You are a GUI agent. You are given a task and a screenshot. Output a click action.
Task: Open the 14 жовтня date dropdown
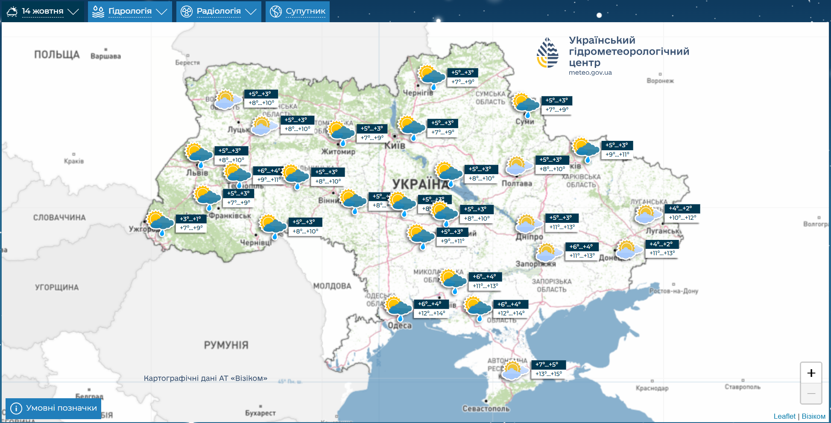tap(43, 11)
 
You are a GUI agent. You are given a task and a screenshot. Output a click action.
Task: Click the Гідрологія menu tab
tap(130, 11)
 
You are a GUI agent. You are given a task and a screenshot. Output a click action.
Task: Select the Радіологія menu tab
tap(219, 11)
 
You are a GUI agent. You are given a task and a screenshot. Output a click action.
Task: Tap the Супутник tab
tap(298, 11)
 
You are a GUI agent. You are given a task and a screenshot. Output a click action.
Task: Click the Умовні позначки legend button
tap(54, 408)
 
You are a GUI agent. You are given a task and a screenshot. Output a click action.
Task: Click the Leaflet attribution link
tap(784, 416)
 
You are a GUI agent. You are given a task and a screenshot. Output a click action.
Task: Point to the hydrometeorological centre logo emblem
tap(547, 53)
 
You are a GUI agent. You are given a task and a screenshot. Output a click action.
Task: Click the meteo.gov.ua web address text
tap(590, 73)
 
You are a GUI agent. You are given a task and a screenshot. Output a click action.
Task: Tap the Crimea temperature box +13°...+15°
tap(549, 374)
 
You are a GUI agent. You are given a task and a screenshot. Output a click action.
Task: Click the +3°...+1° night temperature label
tap(190, 219)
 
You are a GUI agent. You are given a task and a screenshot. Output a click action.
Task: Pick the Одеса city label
tap(400, 326)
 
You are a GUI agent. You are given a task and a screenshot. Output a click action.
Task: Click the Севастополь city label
tap(486, 408)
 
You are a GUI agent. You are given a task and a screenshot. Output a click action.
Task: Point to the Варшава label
tap(105, 56)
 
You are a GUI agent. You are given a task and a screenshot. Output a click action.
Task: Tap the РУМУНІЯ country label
tap(226, 345)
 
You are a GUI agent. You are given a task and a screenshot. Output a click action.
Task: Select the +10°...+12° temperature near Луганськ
tap(682, 218)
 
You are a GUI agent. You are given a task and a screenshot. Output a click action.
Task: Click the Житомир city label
tap(338, 152)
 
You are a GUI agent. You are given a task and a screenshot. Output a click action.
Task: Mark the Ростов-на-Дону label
tap(673, 291)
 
